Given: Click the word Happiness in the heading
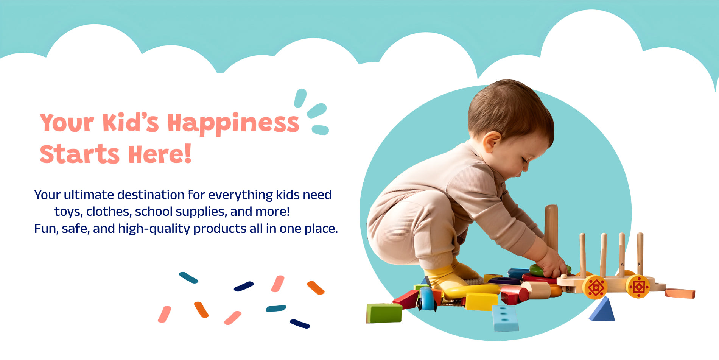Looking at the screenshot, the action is tap(233, 124).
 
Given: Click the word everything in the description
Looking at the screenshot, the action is tap(240, 195).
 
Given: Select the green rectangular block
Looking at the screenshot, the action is tap(384, 313).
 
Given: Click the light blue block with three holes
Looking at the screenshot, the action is tap(505, 318).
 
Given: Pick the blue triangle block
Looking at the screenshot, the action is tap(602, 310).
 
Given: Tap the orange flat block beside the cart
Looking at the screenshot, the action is tap(680, 293).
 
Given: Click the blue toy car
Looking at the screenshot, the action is tap(426, 299).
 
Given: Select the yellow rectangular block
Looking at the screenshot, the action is tap(481, 302).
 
